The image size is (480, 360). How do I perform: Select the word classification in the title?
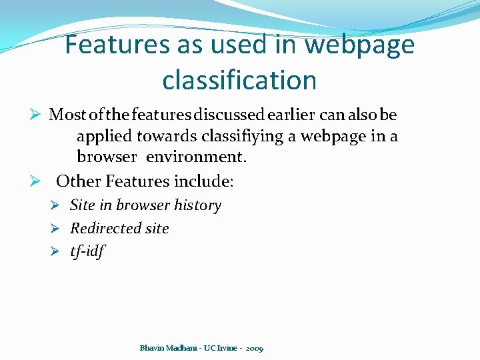pyautogui.click(x=239, y=80)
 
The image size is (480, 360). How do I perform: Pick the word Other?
pyautogui.click(x=79, y=181)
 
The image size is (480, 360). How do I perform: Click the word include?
pyautogui.click(x=203, y=181)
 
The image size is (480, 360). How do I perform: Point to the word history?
pyautogui.click(x=198, y=205)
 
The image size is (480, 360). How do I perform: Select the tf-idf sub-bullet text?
pyautogui.click(x=87, y=251)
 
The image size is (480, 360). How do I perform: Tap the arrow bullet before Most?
pyautogui.click(x=37, y=115)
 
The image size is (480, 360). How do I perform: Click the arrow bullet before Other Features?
pyautogui.click(x=37, y=181)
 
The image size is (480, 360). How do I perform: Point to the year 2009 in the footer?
pyautogui.click(x=254, y=349)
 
